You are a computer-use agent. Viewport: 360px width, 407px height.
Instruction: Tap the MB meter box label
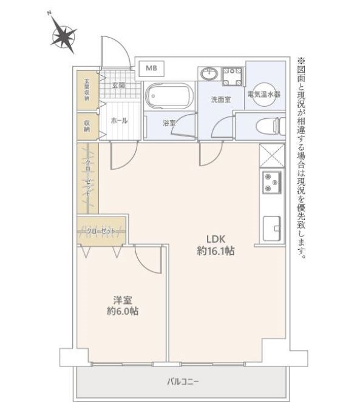pyautogui.click(x=151, y=69)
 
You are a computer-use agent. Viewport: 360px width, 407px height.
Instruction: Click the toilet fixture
pyautogui.click(x=270, y=126)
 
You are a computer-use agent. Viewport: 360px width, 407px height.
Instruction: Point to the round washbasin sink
pyautogui.click(x=209, y=74)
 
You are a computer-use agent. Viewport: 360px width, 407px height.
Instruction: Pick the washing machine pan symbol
pyautogui.click(x=233, y=76)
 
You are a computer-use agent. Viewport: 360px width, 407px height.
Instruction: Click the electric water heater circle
pyautogui.click(x=264, y=94)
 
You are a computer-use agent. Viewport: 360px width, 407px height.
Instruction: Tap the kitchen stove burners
pyautogui.click(x=271, y=183)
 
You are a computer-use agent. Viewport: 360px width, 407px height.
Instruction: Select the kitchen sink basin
pyautogui.click(x=272, y=228)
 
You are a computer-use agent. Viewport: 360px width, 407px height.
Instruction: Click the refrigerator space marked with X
pyautogui.click(x=272, y=156)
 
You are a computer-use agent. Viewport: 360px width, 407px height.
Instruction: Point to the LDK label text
pyautogui.click(x=216, y=238)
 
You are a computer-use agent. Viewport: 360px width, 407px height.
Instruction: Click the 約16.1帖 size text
pyautogui.click(x=216, y=251)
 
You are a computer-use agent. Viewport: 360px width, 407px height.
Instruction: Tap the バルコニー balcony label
pyautogui.click(x=183, y=382)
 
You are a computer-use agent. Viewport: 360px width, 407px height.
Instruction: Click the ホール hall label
pyautogui.click(x=119, y=121)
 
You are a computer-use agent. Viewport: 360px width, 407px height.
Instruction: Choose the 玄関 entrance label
pyautogui.click(x=118, y=85)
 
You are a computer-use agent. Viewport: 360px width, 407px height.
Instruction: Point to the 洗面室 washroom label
pyautogui.click(x=220, y=99)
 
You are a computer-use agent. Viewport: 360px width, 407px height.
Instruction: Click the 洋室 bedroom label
pyautogui.click(x=123, y=300)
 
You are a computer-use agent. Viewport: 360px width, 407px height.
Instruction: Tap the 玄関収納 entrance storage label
pyautogui.click(x=87, y=90)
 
